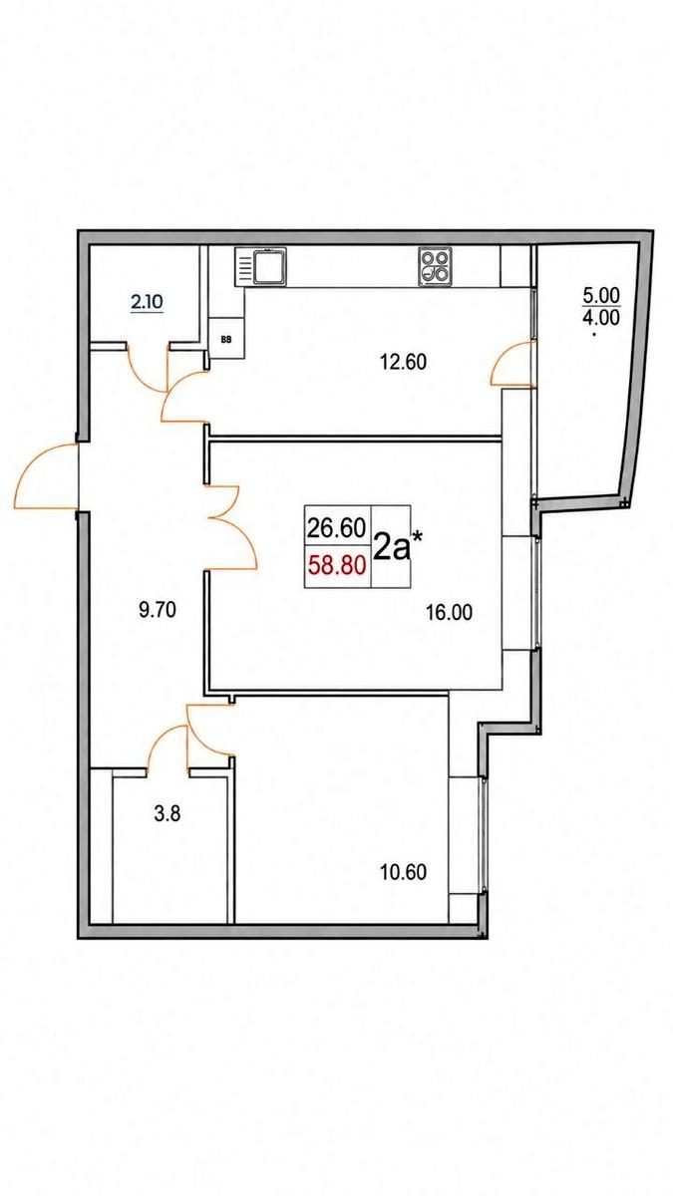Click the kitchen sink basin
point(270,266)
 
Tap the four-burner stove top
point(435,266)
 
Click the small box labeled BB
point(226,339)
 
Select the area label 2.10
point(147,303)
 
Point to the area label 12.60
point(403,363)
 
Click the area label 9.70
point(158,609)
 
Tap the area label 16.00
point(450,612)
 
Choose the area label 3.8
point(168,814)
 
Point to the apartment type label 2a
point(392,547)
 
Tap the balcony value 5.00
point(601,295)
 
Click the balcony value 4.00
point(601,318)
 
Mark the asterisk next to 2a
point(417,535)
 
